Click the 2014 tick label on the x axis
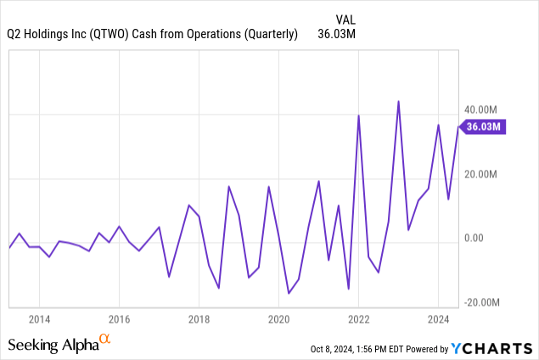(38, 319)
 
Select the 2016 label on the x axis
(119, 319)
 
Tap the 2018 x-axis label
(199, 319)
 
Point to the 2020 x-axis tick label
(279, 319)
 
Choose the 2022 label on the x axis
(359, 319)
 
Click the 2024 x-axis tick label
(438, 319)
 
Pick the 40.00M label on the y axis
(480, 110)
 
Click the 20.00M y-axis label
(480, 175)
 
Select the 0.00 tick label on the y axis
(473, 239)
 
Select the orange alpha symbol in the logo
(105, 340)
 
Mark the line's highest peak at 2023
(398, 101)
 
